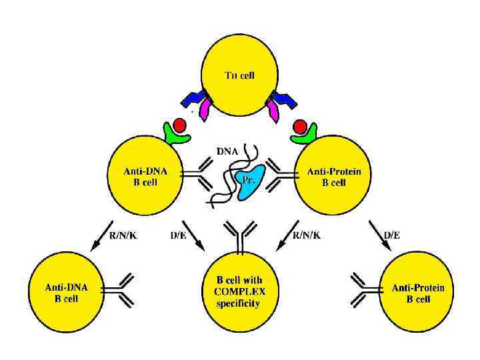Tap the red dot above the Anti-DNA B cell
coord(179,125)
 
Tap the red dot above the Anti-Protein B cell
coord(300,126)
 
